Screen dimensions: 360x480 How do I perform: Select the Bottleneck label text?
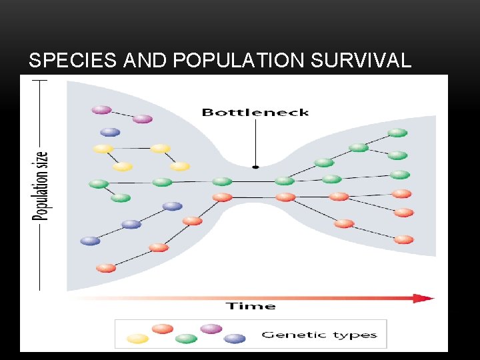[255, 112]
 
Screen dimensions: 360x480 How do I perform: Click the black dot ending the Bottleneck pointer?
[255, 167]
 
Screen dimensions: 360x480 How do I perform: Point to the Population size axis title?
[41, 185]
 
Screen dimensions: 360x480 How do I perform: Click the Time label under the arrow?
[250, 306]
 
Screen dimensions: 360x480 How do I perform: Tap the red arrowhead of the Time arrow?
[423, 298]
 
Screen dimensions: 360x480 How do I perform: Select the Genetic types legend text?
[319, 335]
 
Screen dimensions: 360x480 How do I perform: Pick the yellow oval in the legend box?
[137, 339]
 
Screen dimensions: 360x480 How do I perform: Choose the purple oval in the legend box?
[211, 329]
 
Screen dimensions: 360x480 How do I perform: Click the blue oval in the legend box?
[235, 339]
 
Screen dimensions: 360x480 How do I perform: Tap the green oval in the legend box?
[186, 339]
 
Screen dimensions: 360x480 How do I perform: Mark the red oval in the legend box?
[162, 329]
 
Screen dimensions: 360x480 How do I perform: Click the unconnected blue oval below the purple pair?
[110, 132]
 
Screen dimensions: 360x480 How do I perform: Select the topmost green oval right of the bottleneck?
[397, 133]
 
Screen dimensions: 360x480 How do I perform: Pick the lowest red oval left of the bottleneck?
[106, 268]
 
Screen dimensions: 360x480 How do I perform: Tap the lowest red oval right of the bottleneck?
[403, 239]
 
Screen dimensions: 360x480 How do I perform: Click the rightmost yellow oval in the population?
[180, 166]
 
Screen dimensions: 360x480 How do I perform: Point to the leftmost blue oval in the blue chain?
[90, 241]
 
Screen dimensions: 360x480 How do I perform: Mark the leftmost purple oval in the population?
[101, 109]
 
